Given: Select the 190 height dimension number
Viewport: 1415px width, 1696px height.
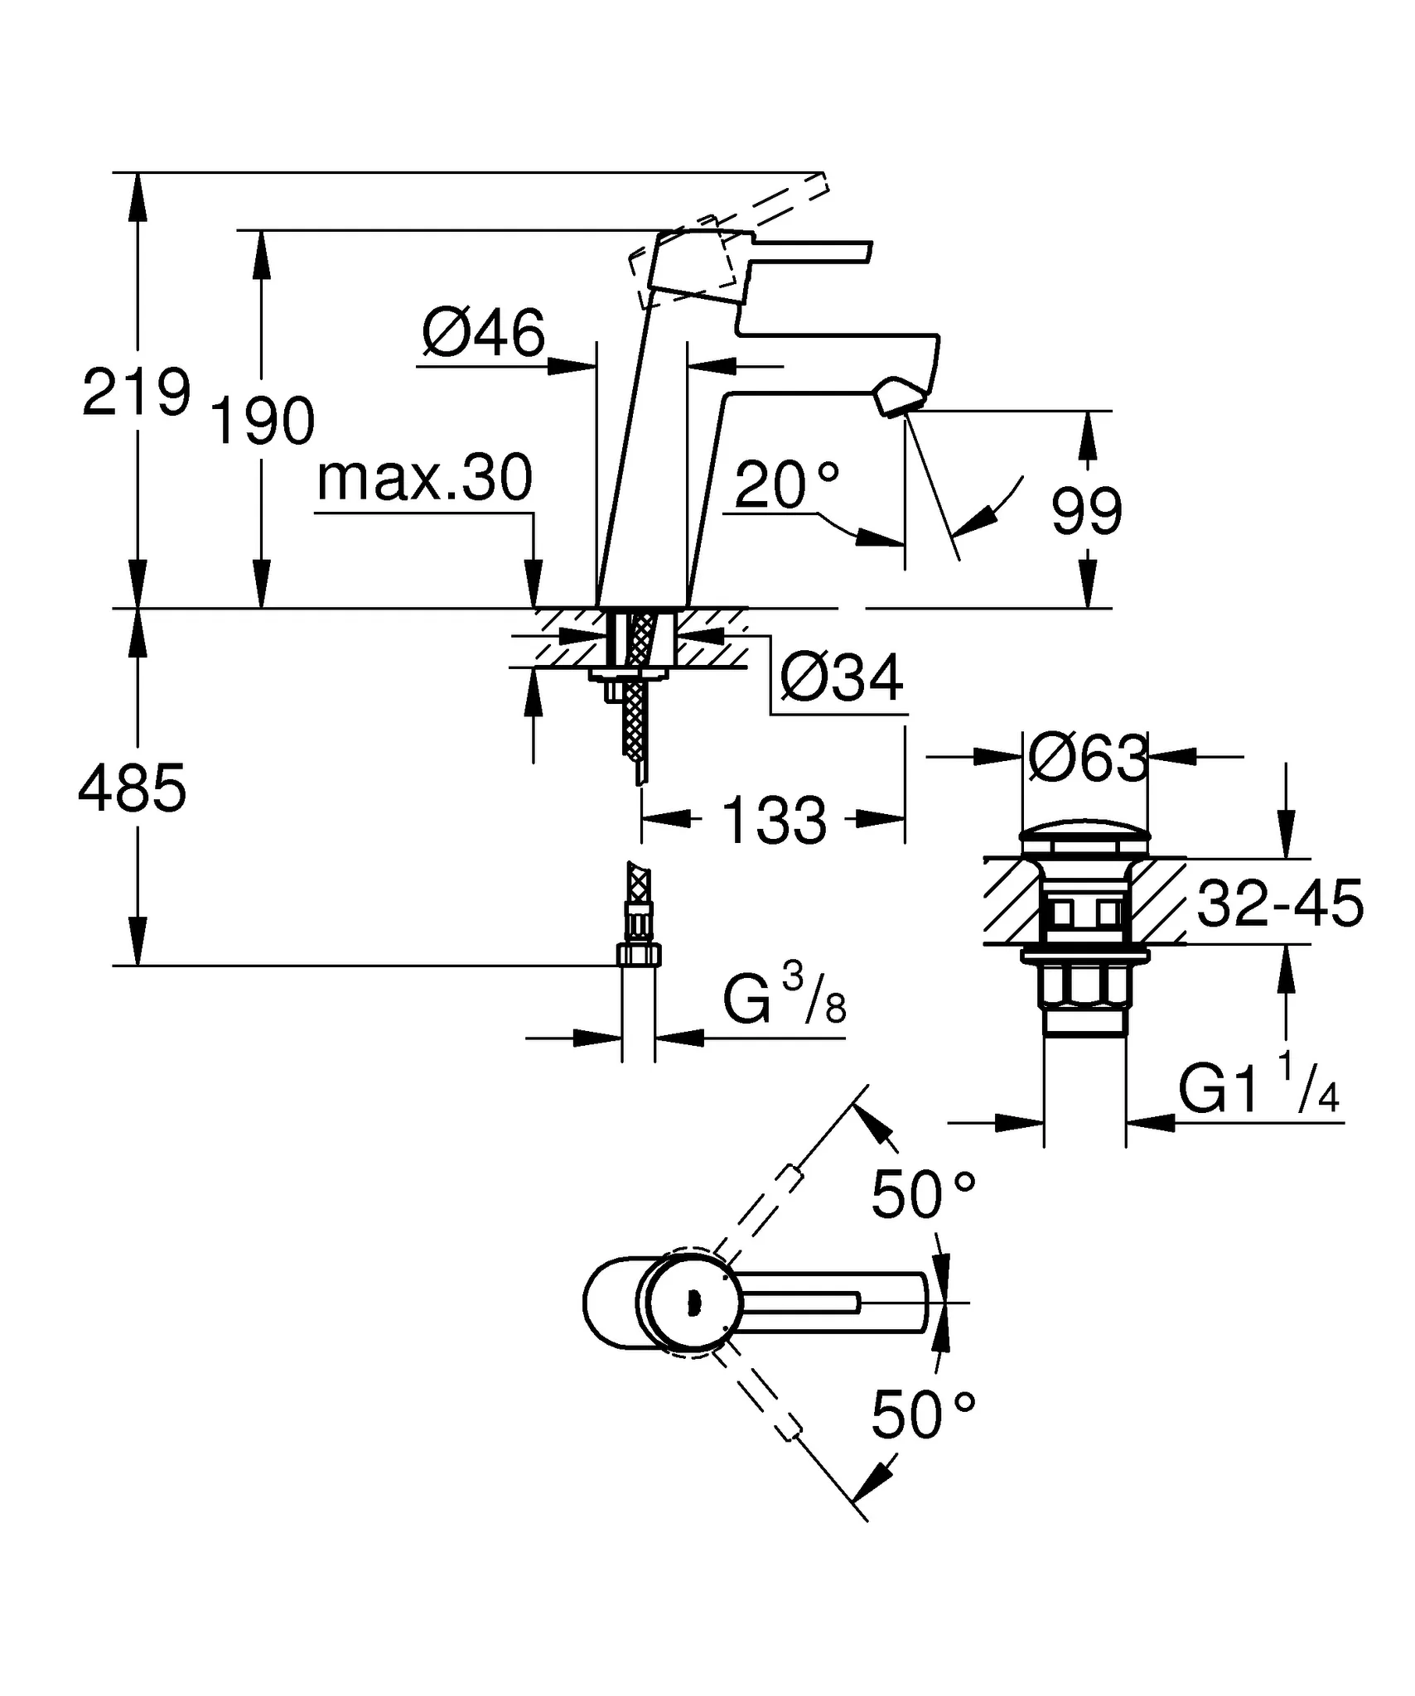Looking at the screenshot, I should [263, 422].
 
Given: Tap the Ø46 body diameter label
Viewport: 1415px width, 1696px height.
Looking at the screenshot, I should [483, 334].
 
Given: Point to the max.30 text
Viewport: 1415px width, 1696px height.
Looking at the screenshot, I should [424, 479].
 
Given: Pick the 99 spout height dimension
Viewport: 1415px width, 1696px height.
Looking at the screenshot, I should [1086, 512].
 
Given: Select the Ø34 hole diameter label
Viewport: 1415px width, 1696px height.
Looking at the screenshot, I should [842, 678].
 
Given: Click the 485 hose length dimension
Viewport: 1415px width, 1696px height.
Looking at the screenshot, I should [133, 789].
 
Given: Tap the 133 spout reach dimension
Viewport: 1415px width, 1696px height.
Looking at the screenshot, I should [774, 821].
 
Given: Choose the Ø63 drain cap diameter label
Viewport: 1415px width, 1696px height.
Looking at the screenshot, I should [1087, 758].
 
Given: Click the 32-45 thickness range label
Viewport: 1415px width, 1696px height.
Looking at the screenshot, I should [1280, 903].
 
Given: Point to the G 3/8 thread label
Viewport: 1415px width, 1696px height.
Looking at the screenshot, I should [784, 998].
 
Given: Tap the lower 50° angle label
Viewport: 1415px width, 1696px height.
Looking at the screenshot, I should [922, 1416].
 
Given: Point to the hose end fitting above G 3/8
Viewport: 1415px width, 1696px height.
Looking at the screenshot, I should [640, 955].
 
